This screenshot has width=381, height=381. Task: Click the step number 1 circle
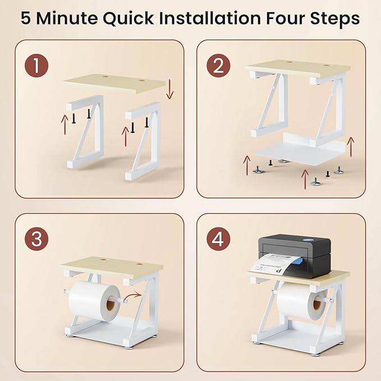36,66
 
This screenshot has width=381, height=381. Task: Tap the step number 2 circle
218,66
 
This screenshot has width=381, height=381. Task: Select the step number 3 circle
36,238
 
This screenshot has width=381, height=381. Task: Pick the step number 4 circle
218,238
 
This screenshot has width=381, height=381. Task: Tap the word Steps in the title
334,20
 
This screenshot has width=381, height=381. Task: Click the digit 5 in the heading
26,19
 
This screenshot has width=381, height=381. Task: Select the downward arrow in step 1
169,89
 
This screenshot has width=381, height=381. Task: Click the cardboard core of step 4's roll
318,305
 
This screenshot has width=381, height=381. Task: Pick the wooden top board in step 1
114,84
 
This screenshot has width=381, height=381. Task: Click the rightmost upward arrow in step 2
351,147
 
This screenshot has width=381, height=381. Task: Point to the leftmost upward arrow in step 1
65,125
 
